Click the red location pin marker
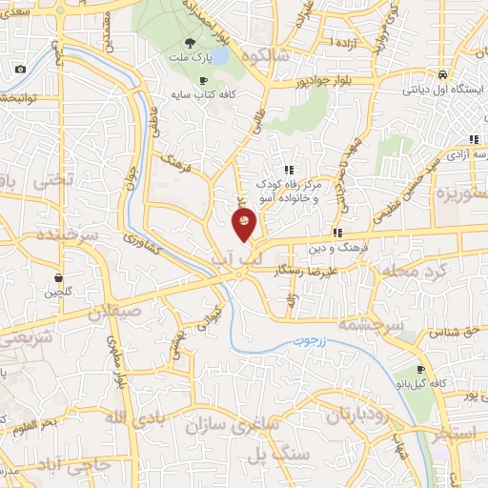[x=244, y=223]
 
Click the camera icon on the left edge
[x=21, y=70]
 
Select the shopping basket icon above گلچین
[x=59, y=277]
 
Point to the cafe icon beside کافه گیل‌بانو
[x=421, y=369]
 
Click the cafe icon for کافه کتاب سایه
[x=202, y=81]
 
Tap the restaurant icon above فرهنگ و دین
[x=337, y=232]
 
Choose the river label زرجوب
[x=335, y=339]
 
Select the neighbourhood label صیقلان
[x=116, y=312]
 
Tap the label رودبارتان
[x=360, y=415]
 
